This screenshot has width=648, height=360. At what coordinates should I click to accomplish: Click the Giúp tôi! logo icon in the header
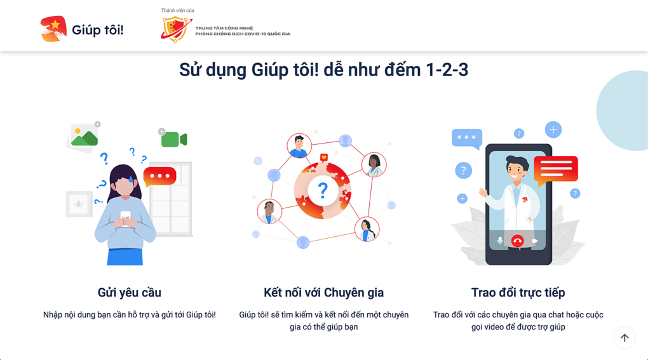[53, 29]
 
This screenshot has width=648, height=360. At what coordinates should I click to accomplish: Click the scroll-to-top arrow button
[624, 338]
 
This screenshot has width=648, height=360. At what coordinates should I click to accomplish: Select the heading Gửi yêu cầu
[129, 293]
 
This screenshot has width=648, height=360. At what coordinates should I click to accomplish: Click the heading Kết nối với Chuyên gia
[323, 293]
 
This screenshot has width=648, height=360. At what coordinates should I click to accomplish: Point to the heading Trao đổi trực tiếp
[518, 293]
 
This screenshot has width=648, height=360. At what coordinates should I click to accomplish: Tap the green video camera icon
[173, 139]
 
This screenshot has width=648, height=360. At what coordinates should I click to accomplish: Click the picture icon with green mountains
[84, 136]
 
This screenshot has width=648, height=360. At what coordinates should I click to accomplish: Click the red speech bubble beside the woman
[159, 176]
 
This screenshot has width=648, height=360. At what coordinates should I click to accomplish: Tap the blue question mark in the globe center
[323, 190]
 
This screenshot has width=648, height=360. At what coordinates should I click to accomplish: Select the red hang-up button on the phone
[517, 241]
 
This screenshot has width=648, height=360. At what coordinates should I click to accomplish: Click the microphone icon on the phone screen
[500, 241]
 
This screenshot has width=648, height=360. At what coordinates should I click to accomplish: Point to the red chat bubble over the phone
[556, 169]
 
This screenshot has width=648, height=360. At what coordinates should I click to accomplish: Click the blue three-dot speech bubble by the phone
[466, 138]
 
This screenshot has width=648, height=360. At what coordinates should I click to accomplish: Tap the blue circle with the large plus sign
[553, 130]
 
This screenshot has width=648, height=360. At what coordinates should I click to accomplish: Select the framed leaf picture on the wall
[79, 204]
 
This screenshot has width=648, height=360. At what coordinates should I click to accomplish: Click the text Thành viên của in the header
[177, 11]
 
